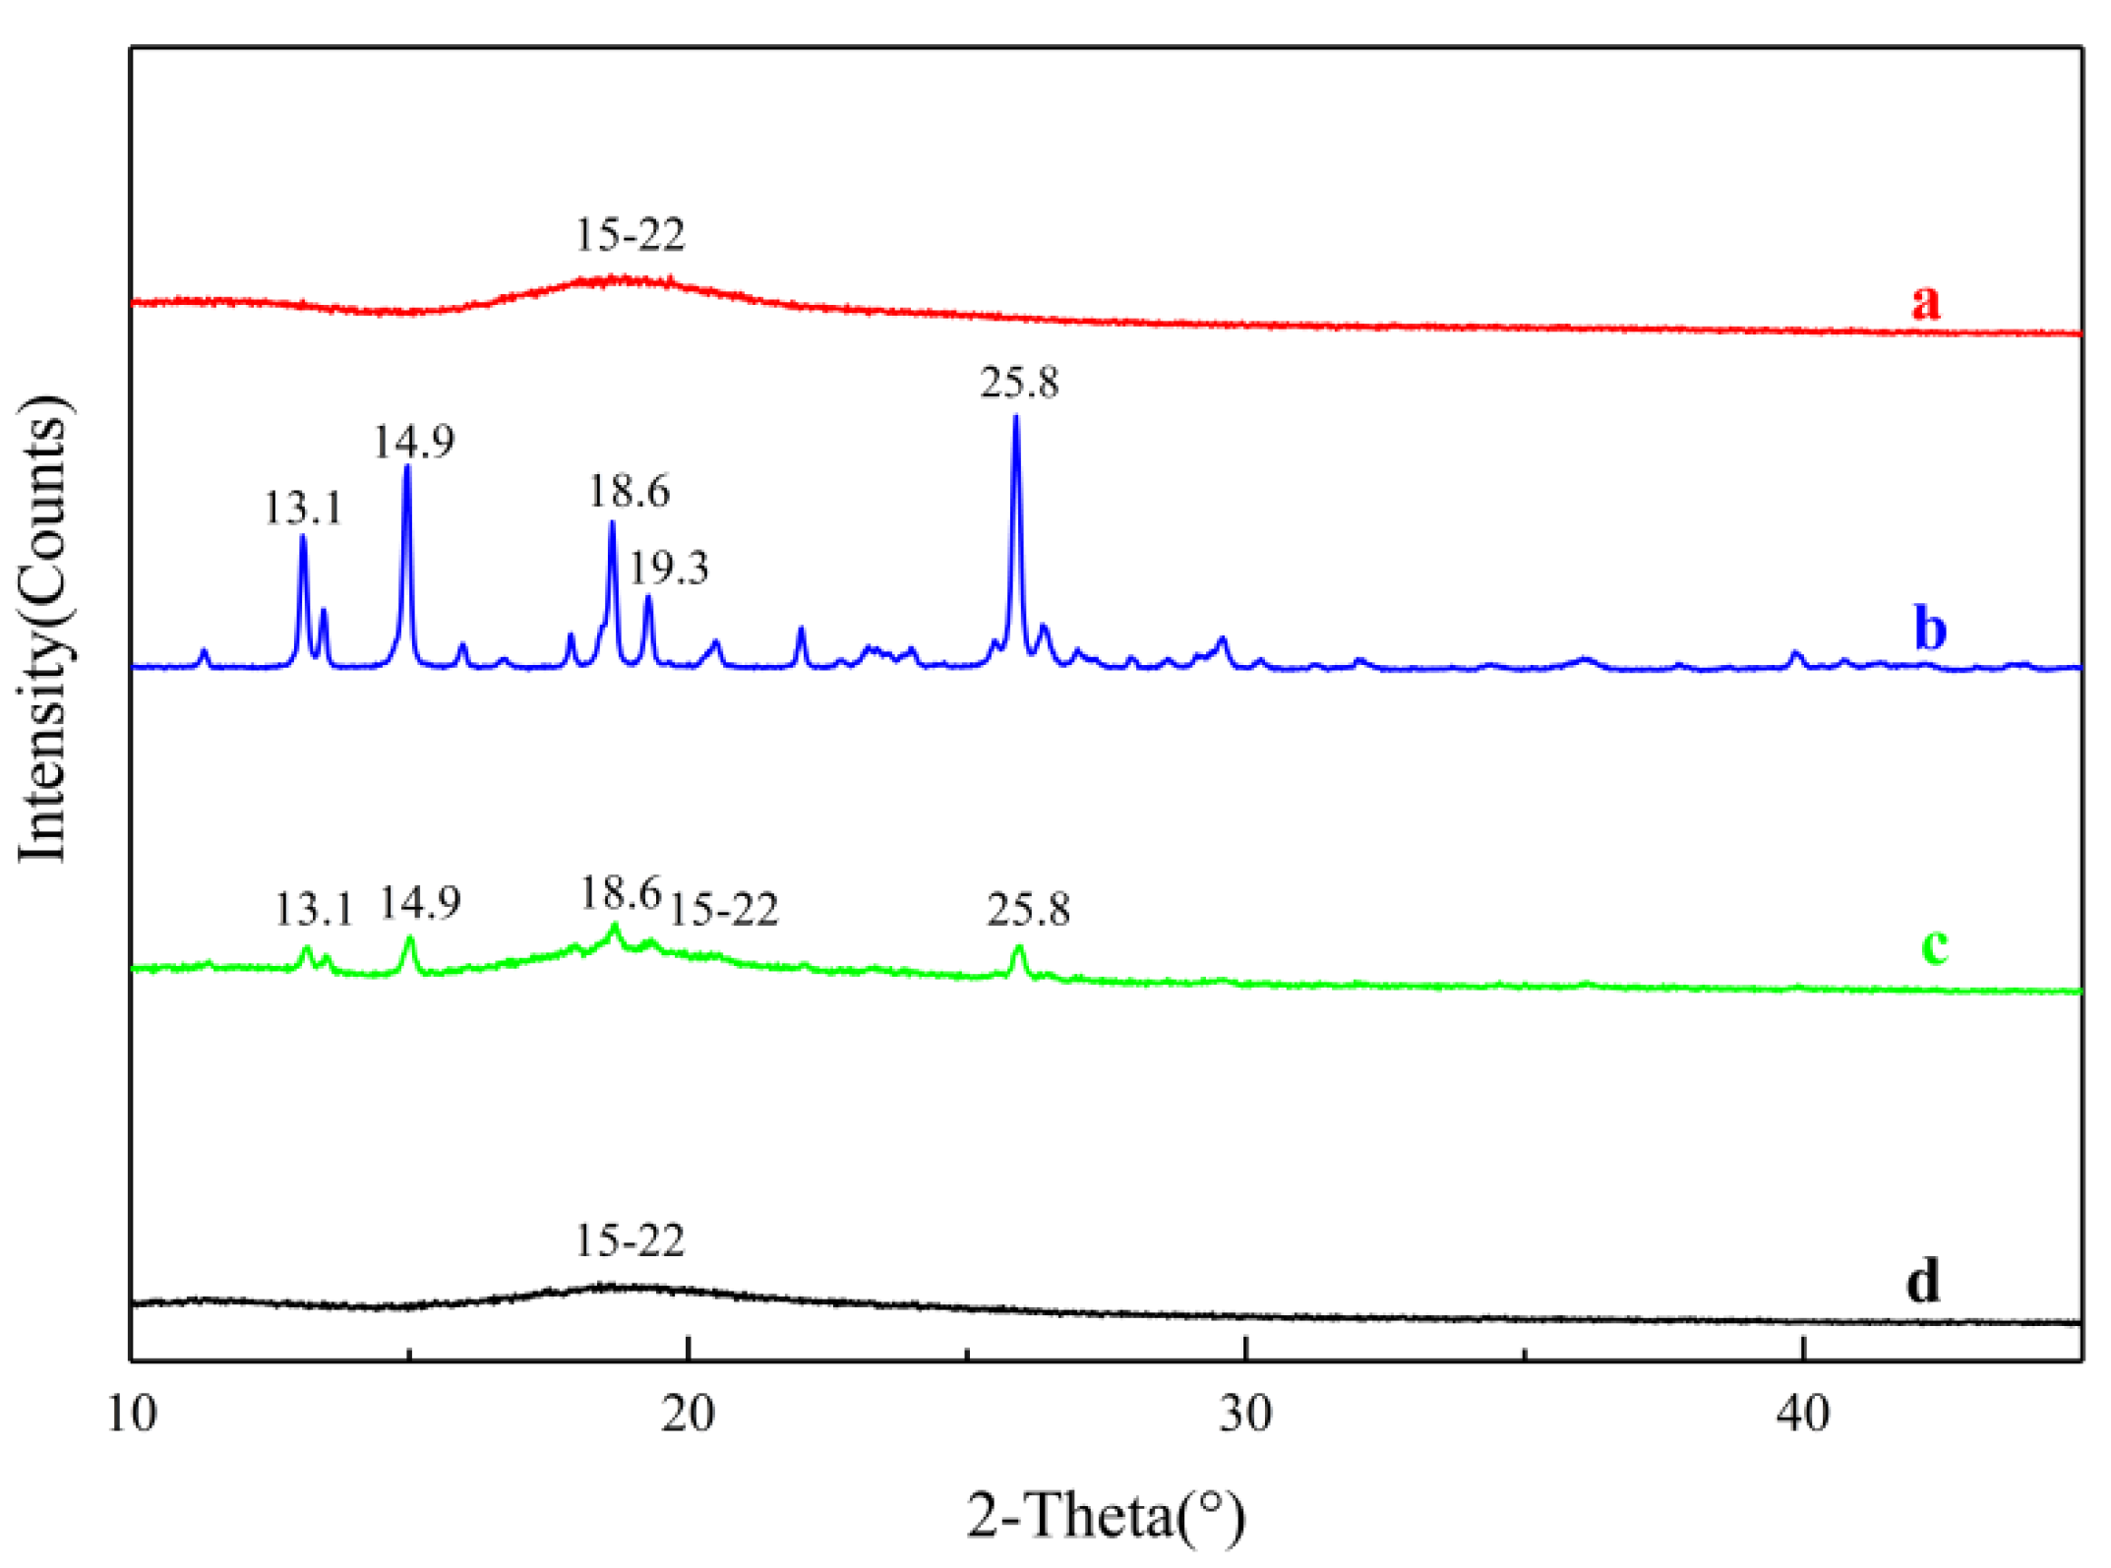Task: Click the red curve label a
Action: click(1926, 301)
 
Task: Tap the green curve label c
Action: click(1934, 945)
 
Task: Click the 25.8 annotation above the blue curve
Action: click(1019, 382)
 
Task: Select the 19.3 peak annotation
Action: click(669, 568)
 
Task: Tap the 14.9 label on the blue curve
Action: click(413, 442)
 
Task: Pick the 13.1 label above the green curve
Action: click(313, 909)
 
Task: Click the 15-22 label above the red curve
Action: click(630, 234)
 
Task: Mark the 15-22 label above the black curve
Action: click(630, 1240)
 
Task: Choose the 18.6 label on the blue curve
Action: click(629, 490)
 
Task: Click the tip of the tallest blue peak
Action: click(1016, 417)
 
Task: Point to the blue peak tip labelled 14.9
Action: click(407, 466)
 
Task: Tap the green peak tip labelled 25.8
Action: click(1019, 947)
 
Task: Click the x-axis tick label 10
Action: click(131, 1415)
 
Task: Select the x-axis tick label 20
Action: click(688, 1415)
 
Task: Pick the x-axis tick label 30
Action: click(1245, 1415)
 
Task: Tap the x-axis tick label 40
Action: click(1802, 1415)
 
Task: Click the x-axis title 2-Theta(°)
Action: click(1106, 1516)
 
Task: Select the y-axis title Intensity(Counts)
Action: click(44, 630)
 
